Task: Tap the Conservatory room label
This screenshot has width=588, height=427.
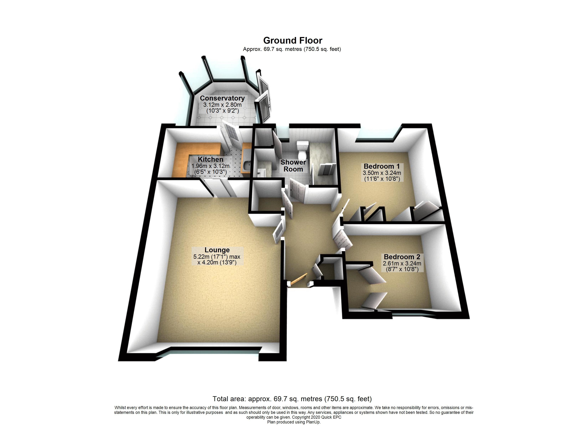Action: [x=222, y=98]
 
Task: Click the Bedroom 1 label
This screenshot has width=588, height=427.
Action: [x=382, y=166]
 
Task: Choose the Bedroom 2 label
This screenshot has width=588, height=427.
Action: [x=402, y=257]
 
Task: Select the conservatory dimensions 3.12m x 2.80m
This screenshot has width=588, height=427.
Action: [x=222, y=105]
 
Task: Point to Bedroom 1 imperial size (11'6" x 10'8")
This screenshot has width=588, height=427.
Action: [x=382, y=179]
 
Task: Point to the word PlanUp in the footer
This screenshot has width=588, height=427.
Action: [x=314, y=422]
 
